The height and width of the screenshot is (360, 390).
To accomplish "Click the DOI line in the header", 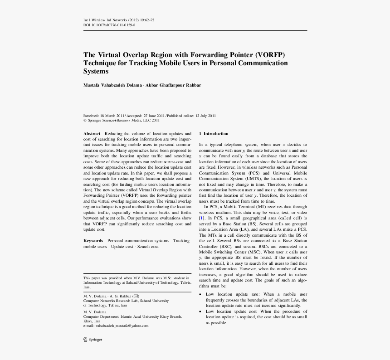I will pyautogui.click(x=109, y=25).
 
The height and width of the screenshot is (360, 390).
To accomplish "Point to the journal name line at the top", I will pyautogui.click(x=119, y=20).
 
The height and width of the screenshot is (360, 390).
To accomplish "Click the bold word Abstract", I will pyautogui.click(x=92, y=134).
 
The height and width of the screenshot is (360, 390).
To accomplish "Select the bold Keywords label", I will pyautogui.click(x=93, y=241).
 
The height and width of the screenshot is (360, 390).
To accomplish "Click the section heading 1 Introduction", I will pyautogui.click(x=214, y=134).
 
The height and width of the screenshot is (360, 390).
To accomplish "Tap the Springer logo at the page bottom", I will pyautogui.click(x=93, y=339).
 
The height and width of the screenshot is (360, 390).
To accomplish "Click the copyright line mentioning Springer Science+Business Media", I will pyautogui.click(x=122, y=121).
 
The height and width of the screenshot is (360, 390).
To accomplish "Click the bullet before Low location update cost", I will pyautogui.click(x=200, y=312).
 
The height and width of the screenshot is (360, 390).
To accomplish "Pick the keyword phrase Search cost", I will pyautogui.click(x=148, y=247).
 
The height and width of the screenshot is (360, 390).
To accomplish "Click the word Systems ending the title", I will pyautogui.click(x=96, y=72).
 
